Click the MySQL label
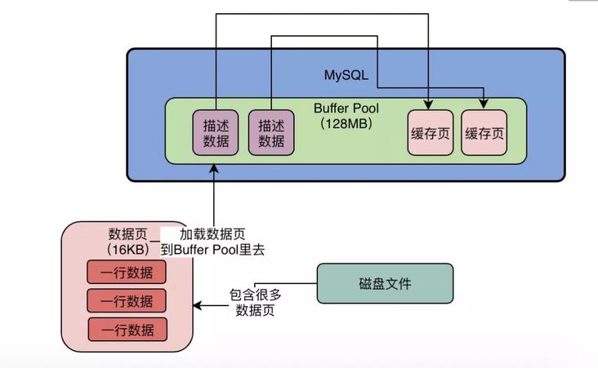[346, 76]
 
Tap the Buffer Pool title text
[346, 108]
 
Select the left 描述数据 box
[216, 133]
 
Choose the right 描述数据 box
[270, 133]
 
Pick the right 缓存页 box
[484, 133]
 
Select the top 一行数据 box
[127, 272]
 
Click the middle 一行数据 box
[127, 300]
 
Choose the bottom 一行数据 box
[127, 330]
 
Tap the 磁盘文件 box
[384, 284]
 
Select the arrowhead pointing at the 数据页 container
[196, 308]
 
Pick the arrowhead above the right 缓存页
[484, 104]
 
